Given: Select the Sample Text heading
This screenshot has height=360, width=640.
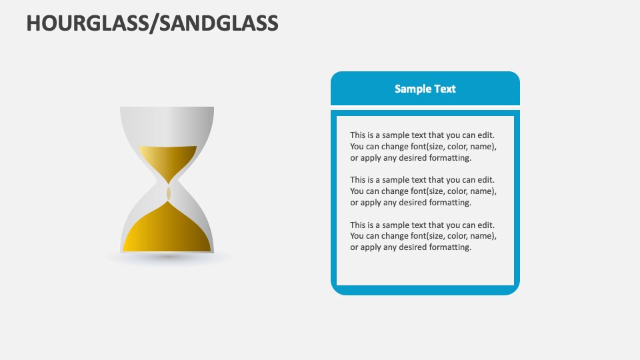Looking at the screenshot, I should [425, 89].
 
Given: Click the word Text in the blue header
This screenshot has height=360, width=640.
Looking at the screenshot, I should [445, 89].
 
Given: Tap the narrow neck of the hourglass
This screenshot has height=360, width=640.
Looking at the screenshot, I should [168, 184].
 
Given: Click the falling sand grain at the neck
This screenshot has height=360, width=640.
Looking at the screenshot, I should [168, 193].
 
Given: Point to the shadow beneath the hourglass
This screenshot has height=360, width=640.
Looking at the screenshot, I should [168, 257].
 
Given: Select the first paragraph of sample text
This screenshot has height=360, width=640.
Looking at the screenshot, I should [423, 146].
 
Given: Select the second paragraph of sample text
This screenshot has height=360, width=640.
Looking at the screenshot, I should [423, 191].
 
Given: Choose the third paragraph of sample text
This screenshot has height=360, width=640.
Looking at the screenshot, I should [423, 235].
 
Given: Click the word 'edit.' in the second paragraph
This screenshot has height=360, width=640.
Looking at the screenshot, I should [485, 179].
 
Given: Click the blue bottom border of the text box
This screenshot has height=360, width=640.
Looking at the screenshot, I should [425, 290].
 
